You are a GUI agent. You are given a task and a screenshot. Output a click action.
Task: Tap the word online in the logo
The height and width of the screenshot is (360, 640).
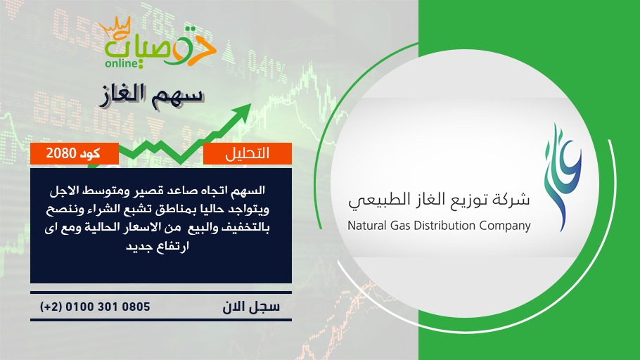click(121, 63)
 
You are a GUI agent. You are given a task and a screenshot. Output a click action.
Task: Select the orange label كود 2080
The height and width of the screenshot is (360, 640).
click(75, 153)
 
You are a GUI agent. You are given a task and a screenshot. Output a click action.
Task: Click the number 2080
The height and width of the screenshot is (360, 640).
click(60, 153)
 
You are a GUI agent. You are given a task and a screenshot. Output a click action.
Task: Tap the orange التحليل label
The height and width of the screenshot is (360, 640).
click(248, 153)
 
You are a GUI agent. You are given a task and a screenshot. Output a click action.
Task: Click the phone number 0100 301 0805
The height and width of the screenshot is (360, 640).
click(108, 307)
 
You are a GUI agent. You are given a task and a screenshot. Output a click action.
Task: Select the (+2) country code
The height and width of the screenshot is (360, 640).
click(51, 307)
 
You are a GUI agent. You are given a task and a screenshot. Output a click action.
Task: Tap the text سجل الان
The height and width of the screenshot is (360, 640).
click(251, 307)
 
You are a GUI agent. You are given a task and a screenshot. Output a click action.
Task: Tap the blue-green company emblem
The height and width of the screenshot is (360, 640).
click(563, 178)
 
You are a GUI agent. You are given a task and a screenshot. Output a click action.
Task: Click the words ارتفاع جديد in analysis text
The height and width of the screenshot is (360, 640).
click(158, 247)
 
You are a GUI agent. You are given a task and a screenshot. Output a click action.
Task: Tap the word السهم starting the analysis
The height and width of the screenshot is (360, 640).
click(250, 191)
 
